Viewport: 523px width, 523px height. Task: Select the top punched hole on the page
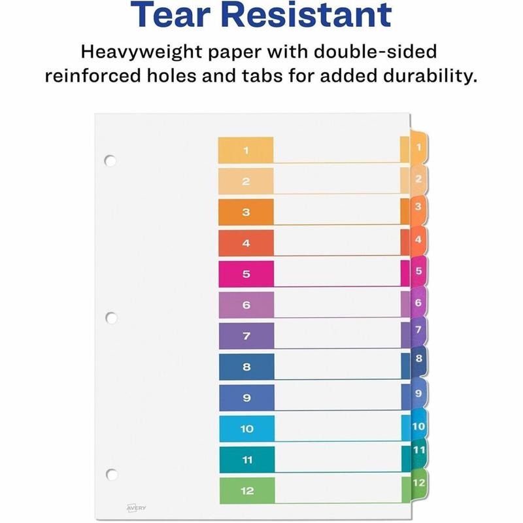110,160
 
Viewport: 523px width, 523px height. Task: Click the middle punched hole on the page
111,318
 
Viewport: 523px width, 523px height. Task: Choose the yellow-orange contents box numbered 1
246,150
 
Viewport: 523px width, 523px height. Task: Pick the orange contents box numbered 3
246,212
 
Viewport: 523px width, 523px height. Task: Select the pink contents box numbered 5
246,274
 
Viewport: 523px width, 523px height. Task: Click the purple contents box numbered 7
246,336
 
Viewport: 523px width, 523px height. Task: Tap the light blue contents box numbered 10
246,429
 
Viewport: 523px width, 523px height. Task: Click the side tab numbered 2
418,178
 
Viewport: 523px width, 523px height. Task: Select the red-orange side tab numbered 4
418,241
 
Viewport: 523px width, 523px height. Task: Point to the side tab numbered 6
418,303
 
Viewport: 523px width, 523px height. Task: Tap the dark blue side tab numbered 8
418,358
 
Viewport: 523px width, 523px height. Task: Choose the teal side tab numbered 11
418,450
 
